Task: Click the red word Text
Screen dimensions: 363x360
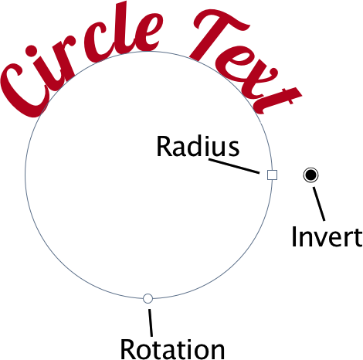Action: tap(245, 59)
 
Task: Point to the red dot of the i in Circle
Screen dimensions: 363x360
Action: tap(32, 51)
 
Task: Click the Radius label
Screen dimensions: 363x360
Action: tap(198, 146)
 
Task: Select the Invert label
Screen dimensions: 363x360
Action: tap(327, 236)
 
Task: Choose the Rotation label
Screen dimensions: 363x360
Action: tap(172, 349)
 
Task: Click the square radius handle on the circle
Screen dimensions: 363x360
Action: tap(272, 175)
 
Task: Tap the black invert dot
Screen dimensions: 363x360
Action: tap(310, 175)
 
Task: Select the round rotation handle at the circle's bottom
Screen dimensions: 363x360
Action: tap(148, 298)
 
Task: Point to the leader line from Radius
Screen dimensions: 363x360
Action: tap(234, 166)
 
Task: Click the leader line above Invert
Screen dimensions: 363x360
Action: tap(319, 204)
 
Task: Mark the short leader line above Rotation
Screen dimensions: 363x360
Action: tap(151, 323)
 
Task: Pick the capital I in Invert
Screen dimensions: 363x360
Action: tap(293, 236)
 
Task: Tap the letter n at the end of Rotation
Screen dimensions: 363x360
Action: tap(217, 352)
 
